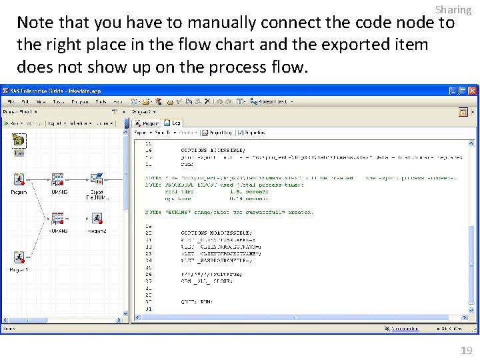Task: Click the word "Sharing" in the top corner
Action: click(453, 9)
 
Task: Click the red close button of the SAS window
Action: click(473, 91)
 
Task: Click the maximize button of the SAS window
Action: click(463, 91)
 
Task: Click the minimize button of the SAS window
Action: click(454, 91)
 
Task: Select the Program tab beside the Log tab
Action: click(147, 123)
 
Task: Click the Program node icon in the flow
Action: click(19, 180)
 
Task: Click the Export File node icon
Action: click(97, 179)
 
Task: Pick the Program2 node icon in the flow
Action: click(97, 219)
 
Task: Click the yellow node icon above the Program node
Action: click(19, 141)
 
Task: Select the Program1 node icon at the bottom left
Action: click(19, 258)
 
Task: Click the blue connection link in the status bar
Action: click(405, 329)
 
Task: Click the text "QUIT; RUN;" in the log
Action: click(197, 301)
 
